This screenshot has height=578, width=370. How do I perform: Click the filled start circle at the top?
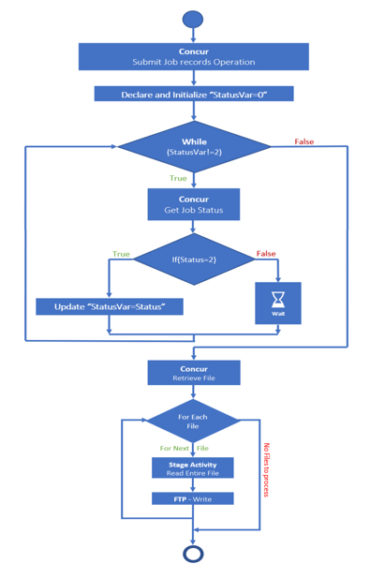(193, 19)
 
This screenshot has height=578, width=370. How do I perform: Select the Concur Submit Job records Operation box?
(193, 56)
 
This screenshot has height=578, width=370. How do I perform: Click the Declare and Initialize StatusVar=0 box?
(193, 95)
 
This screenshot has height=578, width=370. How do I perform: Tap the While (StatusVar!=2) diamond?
(193, 146)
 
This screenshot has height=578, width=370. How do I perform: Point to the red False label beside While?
(304, 142)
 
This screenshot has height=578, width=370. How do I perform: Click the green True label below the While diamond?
(178, 178)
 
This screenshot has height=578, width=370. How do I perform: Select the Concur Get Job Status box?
(193, 204)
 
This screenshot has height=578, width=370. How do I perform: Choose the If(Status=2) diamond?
(193, 259)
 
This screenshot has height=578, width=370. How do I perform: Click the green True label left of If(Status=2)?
(121, 254)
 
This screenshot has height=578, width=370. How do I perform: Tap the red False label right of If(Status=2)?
(266, 254)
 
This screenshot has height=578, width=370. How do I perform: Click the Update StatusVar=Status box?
(110, 306)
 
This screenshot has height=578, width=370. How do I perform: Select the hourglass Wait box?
(278, 303)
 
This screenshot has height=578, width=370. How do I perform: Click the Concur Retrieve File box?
(193, 374)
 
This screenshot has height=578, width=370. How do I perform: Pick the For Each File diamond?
(193, 420)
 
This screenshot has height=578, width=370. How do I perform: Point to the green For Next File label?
(184, 449)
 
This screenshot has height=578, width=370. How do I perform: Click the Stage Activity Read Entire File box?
(193, 467)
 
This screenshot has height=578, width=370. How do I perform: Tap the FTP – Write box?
(193, 499)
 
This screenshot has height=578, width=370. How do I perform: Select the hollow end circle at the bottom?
(193, 554)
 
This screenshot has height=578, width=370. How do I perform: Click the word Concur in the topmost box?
(193, 51)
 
